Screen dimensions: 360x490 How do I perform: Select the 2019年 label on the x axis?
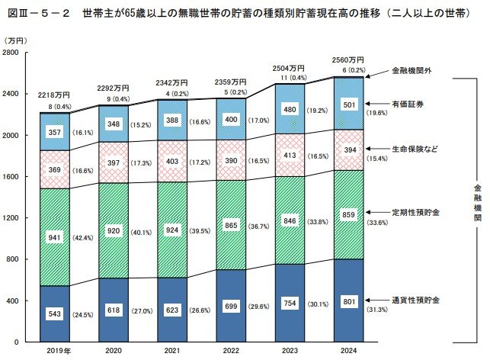[53, 349]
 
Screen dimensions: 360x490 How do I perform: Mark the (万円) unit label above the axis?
[18, 40]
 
